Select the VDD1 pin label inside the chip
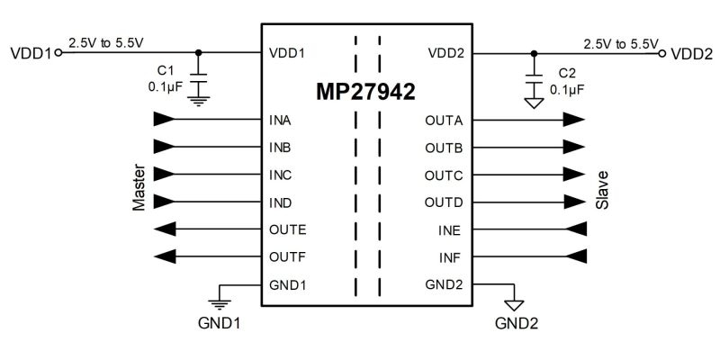287,53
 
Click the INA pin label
280,119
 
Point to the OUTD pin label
444,202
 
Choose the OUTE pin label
287,229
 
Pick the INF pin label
450,257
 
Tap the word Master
139,188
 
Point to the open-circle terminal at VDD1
59,53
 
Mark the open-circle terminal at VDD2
663,53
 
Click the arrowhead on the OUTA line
574,119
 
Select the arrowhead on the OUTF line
163,257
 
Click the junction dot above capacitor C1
200,53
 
